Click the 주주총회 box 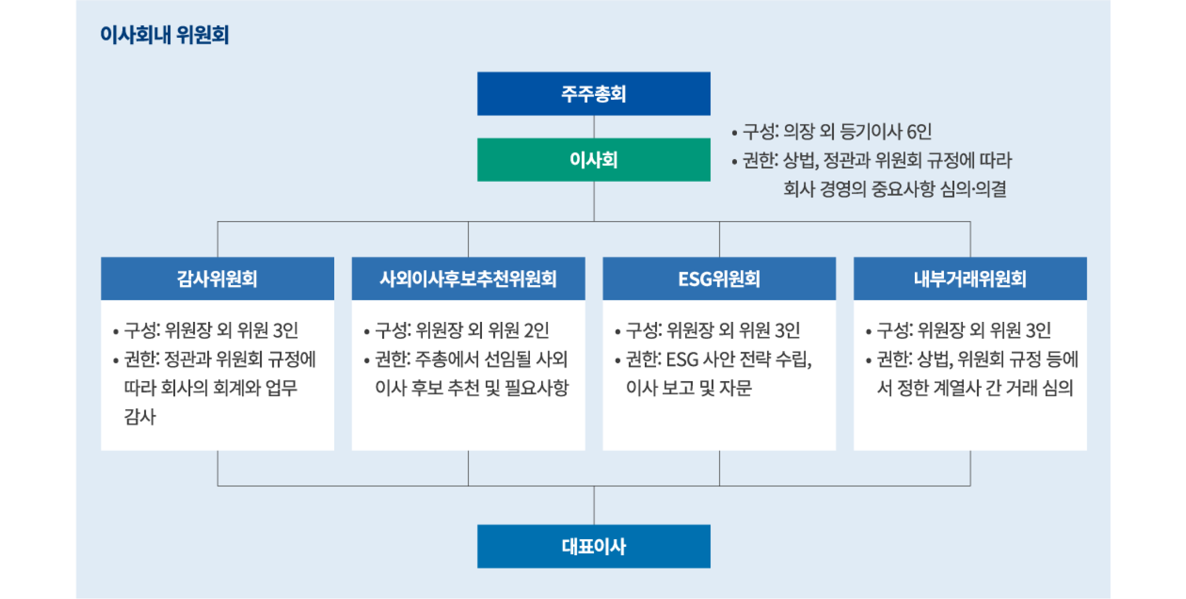tap(594, 94)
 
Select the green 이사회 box tap(594, 160)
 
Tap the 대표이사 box tap(594, 546)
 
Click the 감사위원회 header tap(217, 279)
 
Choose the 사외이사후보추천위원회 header tap(468, 279)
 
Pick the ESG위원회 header tap(719, 279)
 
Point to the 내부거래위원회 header tap(970, 279)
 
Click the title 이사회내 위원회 tap(164, 35)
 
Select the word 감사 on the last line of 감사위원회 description tap(140, 416)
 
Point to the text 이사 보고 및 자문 tap(688, 388)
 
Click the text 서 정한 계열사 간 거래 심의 tap(975, 388)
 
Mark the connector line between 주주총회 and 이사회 tap(594, 127)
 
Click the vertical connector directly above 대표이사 tap(594, 505)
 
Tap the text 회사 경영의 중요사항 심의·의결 tap(895, 189)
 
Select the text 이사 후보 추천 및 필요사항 tap(472, 388)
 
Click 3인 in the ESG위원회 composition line tap(788, 330)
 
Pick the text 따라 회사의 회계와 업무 tap(211, 388)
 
